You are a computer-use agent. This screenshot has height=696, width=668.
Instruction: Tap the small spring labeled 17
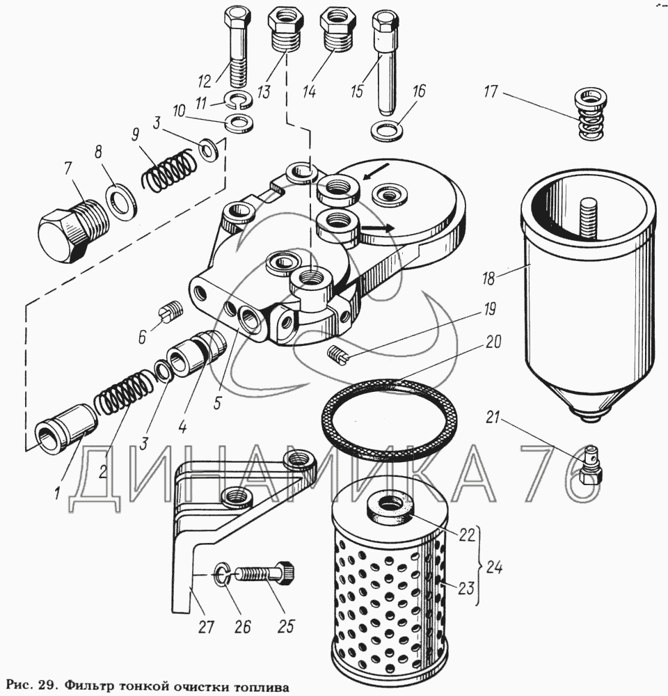[590, 113]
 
